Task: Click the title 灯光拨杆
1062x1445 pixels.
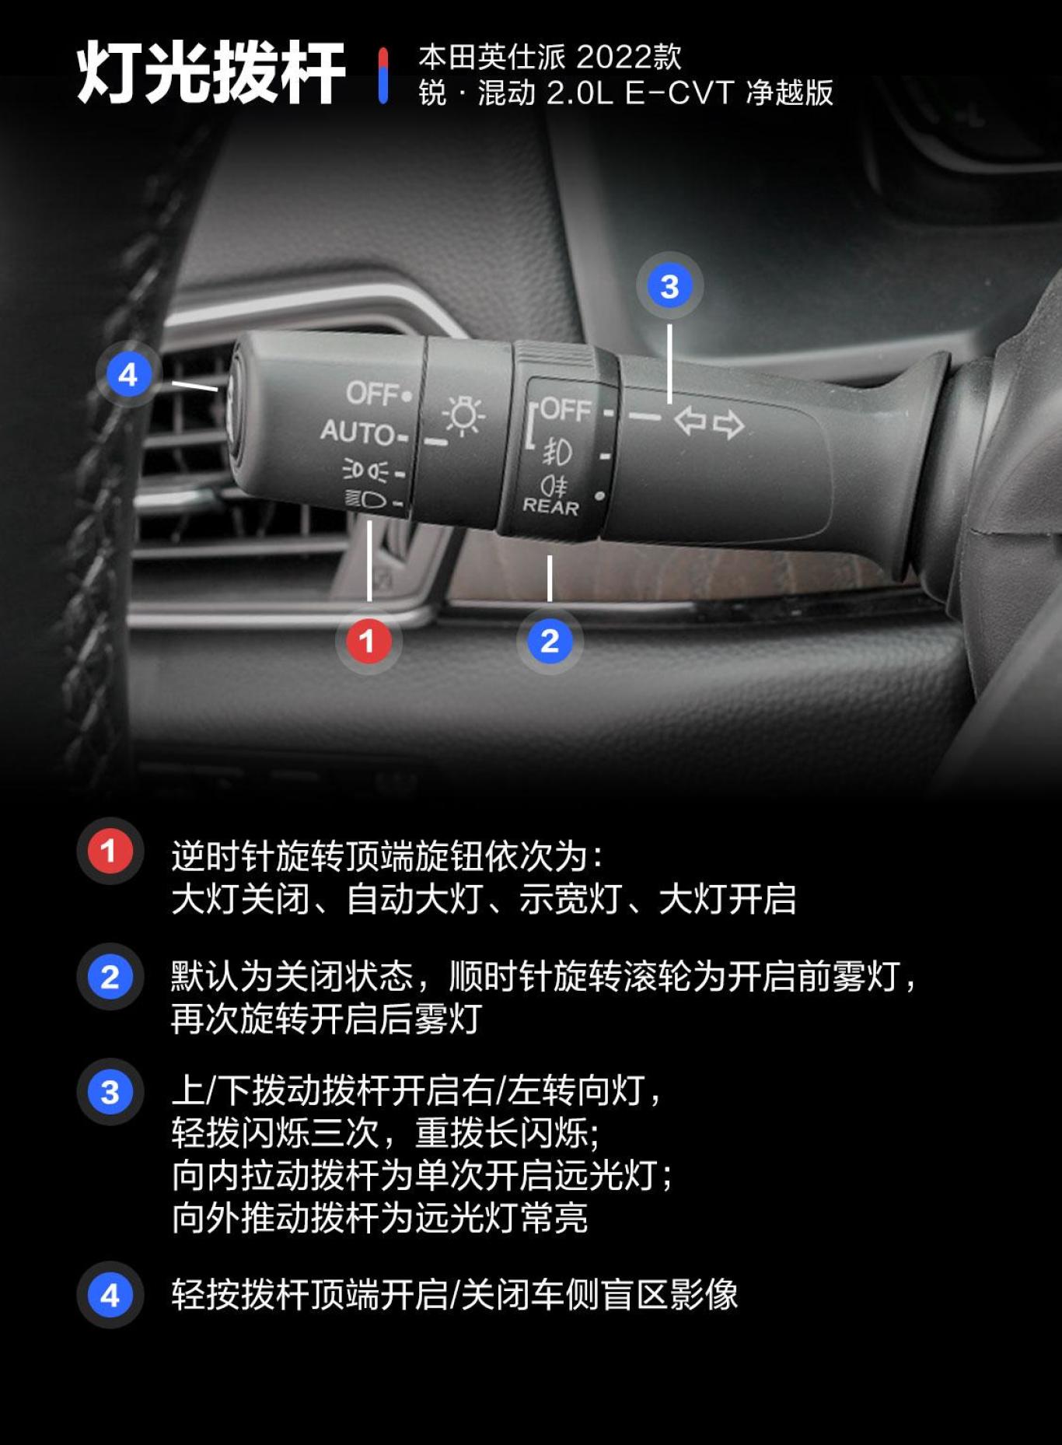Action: click(x=211, y=73)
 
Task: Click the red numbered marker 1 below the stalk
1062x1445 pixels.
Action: click(x=368, y=642)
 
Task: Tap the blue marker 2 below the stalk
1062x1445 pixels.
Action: click(x=550, y=642)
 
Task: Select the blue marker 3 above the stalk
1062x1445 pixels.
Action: click(x=669, y=286)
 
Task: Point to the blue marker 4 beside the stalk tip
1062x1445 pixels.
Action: click(x=128, y=375)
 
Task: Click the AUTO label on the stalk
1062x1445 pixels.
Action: click(x=358, y=432)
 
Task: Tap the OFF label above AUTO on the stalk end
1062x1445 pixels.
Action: click(x=373, y=394)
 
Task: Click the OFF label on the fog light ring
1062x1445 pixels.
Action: click(x=565, y=409)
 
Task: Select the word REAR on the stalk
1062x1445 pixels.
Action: click(x=550, y=506)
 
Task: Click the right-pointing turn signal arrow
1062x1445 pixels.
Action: click(x=728, y=425)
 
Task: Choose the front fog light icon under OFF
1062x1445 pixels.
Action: click(x=557, y=452)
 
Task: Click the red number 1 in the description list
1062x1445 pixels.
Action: click(x=110, y=851)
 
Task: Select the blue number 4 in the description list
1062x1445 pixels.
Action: click(x=110, y=1295)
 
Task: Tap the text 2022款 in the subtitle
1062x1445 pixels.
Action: click(x=629, y=57)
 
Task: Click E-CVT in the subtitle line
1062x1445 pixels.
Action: click(x=679, y=93)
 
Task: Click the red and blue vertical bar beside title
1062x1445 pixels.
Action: click(x=383, y=75)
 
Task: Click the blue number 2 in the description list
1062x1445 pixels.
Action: click(x=110, y=977)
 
